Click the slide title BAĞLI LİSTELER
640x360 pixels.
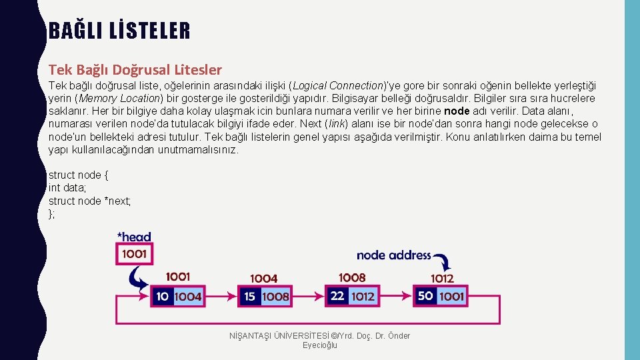pos(119,31)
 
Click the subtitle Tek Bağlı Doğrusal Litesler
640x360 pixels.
pos(135,69)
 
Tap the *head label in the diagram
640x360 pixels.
pos(134,237)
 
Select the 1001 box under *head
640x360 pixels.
pos(134,254)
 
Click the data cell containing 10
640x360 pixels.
pos(163,297)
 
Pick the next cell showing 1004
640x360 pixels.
pos(188,297)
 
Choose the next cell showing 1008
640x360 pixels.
pos(275,297)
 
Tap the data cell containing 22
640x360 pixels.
pos(337,296)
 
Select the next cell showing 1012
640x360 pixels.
pos(363,296)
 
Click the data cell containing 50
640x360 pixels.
pos(425,296)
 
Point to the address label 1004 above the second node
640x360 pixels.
pos(264,278)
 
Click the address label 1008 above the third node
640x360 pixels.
pos(352,277)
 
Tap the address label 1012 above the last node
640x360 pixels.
pos(441,279)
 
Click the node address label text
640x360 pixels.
pos(393,255)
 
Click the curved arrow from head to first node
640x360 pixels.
pos(139,279)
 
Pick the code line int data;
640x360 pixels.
pos(67,188)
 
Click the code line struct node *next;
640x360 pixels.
pos(89,201)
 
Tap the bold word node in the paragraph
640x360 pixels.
pos(457,111)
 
